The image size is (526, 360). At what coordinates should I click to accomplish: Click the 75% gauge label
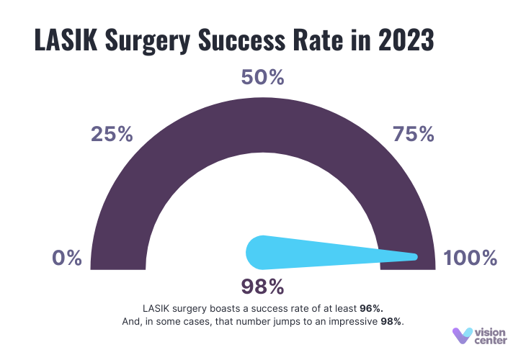tap(413, 134)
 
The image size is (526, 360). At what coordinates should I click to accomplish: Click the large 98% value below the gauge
tap(262, 287)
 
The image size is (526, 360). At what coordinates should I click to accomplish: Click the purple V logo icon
tap(461, 336)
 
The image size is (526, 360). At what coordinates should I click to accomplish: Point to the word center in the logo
tap(491, 342)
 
